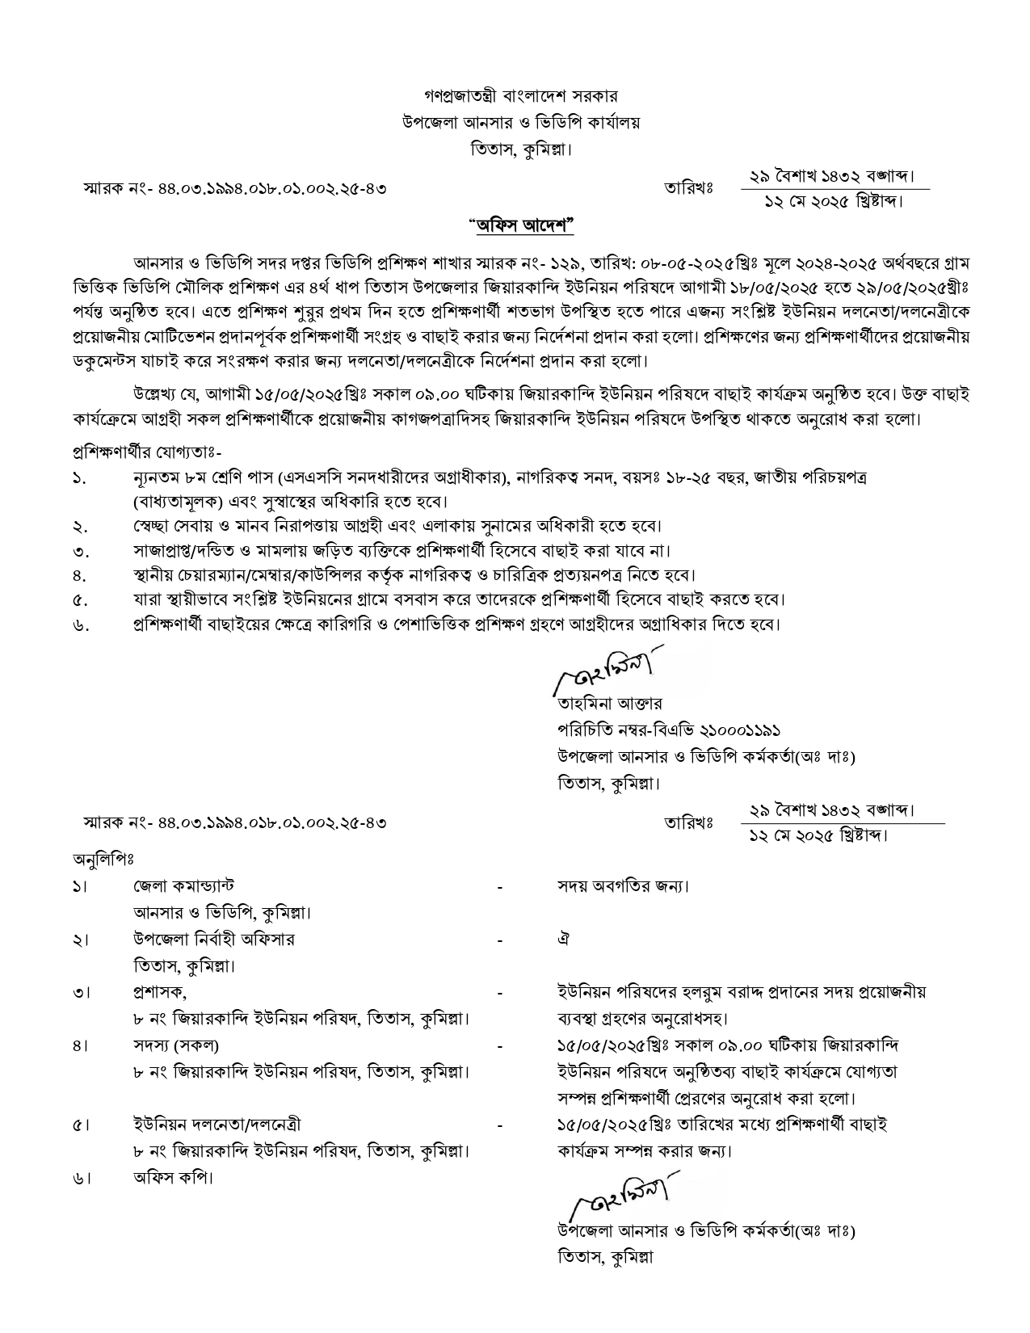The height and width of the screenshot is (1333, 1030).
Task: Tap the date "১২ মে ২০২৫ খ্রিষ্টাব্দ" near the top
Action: [x=833, y=200]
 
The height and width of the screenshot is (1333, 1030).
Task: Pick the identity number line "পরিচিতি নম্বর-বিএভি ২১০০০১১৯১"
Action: [x=669, y=730]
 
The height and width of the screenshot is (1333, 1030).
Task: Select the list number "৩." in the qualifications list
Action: [x=79, y=551]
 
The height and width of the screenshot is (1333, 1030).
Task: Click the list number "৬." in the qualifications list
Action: [x=79, y=625]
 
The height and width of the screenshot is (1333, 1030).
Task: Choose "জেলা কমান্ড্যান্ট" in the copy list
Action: [x=184, y=886]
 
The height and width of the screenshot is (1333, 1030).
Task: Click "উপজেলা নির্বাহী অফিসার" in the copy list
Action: [x=214, y=940]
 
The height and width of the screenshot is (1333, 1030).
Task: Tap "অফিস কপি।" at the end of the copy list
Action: [x=173, y=1177]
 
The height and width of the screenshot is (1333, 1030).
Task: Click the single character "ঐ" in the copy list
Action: [x=564, y=940]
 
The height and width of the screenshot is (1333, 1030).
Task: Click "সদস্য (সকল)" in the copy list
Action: [x=176, y=1045]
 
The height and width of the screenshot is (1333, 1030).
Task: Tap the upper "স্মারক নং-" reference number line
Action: [x=235, y=189]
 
